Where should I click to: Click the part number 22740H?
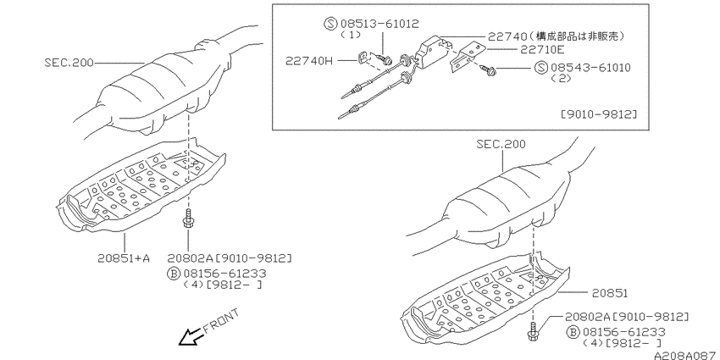coord(308,60)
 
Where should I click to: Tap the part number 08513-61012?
coord(379,24)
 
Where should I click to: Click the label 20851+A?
coord(124,258)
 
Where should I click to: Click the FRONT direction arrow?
coord(190,337)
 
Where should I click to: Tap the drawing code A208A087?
coord(686,356)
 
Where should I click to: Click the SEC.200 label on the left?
coord(69,62)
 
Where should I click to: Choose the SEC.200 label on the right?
coord(501,144)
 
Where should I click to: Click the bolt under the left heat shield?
coord(188,219)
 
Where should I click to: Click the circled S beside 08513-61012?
coord(330,24)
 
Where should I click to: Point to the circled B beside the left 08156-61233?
coord(173,274)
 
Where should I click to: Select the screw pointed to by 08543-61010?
coord(487,69)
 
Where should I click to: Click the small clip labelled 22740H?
coord(363,58)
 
